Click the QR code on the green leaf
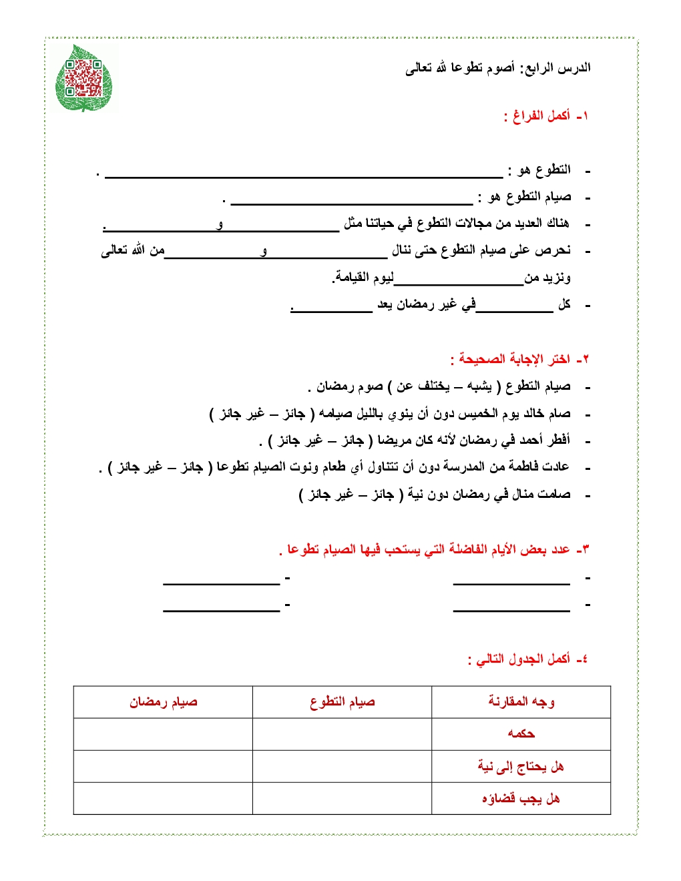click(83, 78)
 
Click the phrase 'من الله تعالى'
click(132, 250)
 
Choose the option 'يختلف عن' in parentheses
click(423, 386)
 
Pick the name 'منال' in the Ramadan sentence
click(510, 495)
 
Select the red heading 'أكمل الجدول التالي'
click(523, 659)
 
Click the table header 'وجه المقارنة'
click(521, 701)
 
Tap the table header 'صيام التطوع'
click(342, 701)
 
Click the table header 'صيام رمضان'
click(163, 701)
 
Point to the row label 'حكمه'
click(521, 734)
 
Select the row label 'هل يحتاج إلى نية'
click(521, 766)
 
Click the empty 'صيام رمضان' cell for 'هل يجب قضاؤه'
click(163, 798)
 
